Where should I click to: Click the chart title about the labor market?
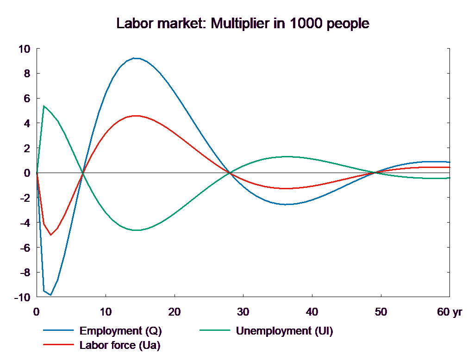click(243, 24)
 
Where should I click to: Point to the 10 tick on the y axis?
click(24, 49)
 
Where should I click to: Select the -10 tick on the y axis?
click(22, 297)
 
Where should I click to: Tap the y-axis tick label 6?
click(26, 98)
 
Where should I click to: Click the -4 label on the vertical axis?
click(25, 223)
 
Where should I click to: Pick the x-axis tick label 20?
click(175, 312)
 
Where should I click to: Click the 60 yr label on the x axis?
click(449, 312)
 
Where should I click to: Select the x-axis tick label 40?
click(312, 312)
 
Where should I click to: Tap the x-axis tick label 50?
click(380, 312)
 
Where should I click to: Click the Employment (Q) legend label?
click(121, 330)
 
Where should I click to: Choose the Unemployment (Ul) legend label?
click(284, 330)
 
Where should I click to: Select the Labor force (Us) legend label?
click(120, 345)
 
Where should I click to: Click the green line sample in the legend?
click(215, 330)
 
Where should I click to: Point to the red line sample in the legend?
click(58, 345)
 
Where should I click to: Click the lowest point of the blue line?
click(50, 295)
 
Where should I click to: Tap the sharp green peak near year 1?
click(44, 106)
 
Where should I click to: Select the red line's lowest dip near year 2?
click(50, 235)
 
